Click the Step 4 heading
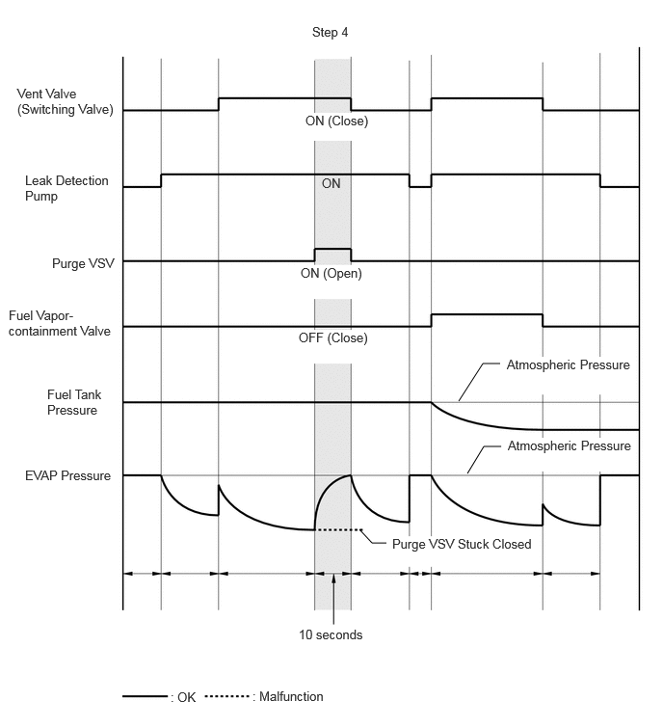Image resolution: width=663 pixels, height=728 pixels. click(330, 32)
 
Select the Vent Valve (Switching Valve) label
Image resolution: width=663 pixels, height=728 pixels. click(65, 101)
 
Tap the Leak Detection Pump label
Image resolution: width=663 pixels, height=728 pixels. click(66, 188)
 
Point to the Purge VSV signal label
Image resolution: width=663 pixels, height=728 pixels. click(83, 263)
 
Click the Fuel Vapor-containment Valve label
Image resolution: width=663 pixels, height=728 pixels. click(60, 323)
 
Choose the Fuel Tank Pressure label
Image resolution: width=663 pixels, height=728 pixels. click(74, 402)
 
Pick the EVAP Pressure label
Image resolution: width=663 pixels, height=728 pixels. click(67, 475)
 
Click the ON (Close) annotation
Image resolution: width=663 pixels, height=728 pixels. click(336, 121)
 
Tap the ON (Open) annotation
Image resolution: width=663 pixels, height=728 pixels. click(331, 273)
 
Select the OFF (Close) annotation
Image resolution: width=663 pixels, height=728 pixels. click(332, 337)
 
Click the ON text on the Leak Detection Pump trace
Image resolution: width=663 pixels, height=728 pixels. click(331, 183)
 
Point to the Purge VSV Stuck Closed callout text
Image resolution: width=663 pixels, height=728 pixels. click(462, 544)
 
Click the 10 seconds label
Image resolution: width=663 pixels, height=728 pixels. click(331, 634)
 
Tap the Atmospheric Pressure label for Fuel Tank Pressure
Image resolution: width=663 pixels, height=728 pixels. click(568, 364)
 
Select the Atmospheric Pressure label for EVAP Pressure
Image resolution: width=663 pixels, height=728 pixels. click(569, 445)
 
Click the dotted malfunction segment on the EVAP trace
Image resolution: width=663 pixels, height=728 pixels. click(338, 529)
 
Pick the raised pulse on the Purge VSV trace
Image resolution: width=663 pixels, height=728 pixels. click(332, 250)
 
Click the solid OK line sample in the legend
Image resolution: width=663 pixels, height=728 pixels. click(145, 696)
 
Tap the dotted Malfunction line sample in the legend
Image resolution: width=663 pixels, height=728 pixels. click(226, 696)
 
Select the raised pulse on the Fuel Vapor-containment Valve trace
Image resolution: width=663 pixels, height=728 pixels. click(487, 314)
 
